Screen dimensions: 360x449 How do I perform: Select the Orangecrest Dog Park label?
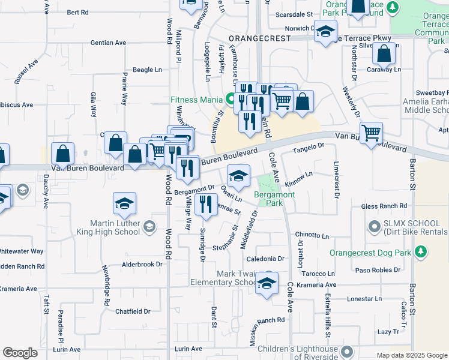[x=370, y=253]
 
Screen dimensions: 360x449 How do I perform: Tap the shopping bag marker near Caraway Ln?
[x=384, y=53]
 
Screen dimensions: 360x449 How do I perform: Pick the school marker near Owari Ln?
[x=239, y=175]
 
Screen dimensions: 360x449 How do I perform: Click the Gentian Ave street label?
[x=108, y=43]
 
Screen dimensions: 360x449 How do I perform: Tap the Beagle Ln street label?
[x=148, y=70]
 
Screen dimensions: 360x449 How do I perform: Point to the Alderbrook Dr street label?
[x=142, y=264]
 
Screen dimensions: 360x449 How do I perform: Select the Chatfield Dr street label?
[x=133, y=311]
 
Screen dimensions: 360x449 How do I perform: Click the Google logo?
[x=20, y=353]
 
